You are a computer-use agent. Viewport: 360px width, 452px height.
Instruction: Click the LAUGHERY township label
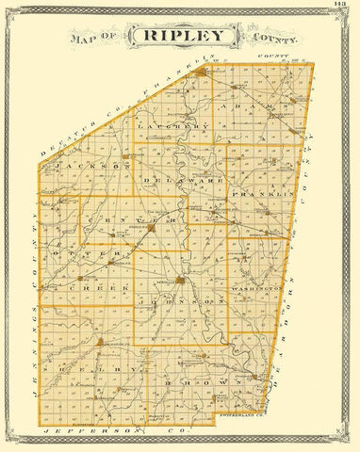pyautogui.click(x=171, y=126)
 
